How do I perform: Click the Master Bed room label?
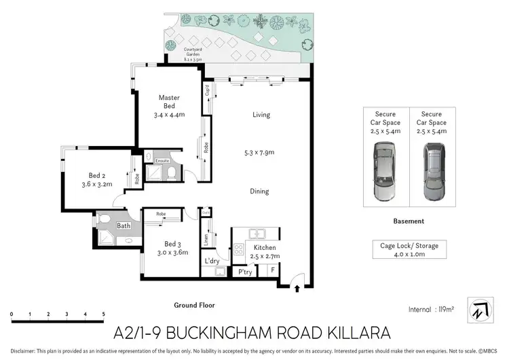pos(169,98)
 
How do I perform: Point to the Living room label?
pos(261,115)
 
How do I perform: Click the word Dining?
pos(259,192)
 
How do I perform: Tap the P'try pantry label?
pos(244,272)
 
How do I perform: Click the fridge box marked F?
pos(273,270)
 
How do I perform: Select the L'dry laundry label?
pos(212,261)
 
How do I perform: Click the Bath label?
pos(124,226)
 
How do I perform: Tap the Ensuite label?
pos(162,160)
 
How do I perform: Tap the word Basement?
pos(408,221)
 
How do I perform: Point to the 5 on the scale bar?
pos(103,314)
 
